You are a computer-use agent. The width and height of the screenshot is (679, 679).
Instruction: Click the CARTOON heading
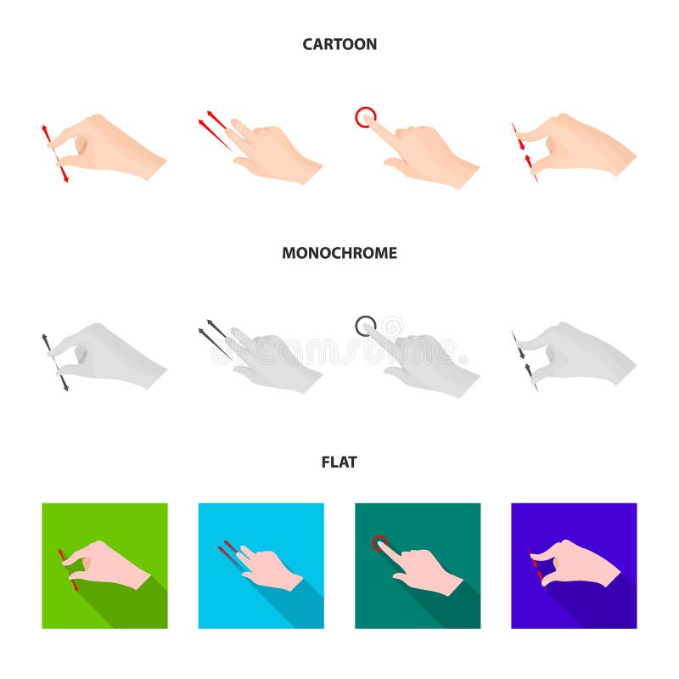(x=339, y=44)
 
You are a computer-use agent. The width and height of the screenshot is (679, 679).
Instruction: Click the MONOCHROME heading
(x=339, y=253)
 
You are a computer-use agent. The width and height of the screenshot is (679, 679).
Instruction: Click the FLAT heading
(x=339, y=463)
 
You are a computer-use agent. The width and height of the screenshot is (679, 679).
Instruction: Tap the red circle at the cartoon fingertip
(x=365, y=116)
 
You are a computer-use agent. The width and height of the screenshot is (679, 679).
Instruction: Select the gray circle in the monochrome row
(x=365, y=325)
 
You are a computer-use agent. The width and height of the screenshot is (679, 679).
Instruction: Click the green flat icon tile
(x=104, y=565)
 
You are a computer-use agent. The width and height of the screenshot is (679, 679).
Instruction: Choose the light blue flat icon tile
(x=261, y=565)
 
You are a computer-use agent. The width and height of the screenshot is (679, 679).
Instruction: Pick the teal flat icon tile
(x=418, y=565)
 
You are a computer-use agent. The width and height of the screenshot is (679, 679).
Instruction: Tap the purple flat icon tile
(x=574, y=565)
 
